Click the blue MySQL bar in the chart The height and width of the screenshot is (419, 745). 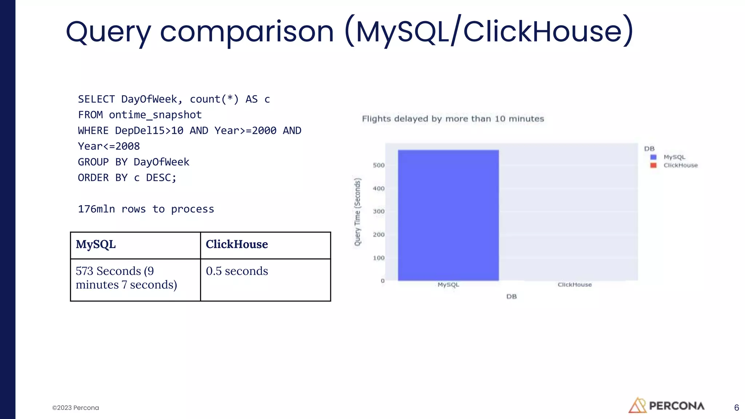tap(448, 215)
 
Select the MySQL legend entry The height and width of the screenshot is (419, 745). tap(674, 157)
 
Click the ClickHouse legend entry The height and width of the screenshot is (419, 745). tap(680, 165)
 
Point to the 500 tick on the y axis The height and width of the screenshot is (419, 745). tap(379, 165)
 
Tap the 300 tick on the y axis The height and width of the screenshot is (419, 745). tap(379, 211)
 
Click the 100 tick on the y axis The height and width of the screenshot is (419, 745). tap(379, 258)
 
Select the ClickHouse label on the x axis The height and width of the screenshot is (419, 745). tap(574, 285)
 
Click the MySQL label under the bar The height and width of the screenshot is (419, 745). tap(448, 285)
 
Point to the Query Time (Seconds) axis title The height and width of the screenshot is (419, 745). tap(358, 212)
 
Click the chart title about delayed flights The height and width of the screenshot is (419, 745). tap(453, 119)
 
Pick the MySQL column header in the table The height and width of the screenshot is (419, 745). tap(96, 244)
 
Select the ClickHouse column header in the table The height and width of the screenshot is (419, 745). tap(237, 244)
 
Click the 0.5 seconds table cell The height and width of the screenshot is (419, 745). tap(237, 271)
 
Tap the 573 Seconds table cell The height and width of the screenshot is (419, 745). tap(126, 278)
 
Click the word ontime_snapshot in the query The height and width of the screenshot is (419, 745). tap(155, 115)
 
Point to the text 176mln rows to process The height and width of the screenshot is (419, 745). tap(146, 209)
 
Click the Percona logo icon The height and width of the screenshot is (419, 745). tap(637, 406)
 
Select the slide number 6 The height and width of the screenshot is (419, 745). tap(736, 408)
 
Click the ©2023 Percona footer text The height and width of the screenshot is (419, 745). tap(76, 408)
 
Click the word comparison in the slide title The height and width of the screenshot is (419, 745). tap(247, 32)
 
